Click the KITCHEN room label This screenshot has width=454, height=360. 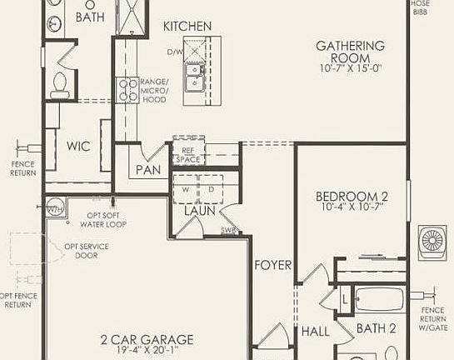(187, 27)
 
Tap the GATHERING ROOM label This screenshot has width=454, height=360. (351, 52)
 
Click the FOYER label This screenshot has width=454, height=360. (273, 265)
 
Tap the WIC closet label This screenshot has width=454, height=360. (77, 145)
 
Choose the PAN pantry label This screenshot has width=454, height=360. (148, 171)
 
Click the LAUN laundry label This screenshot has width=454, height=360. (200, 210)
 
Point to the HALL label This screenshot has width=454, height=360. (316, 332)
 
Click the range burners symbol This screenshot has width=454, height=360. (127, 89)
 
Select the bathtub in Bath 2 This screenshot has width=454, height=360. (379, 299)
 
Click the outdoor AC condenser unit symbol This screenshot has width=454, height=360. (434, 240)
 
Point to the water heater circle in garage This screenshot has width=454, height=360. (56, 207)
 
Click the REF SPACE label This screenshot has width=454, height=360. (187, 154)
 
